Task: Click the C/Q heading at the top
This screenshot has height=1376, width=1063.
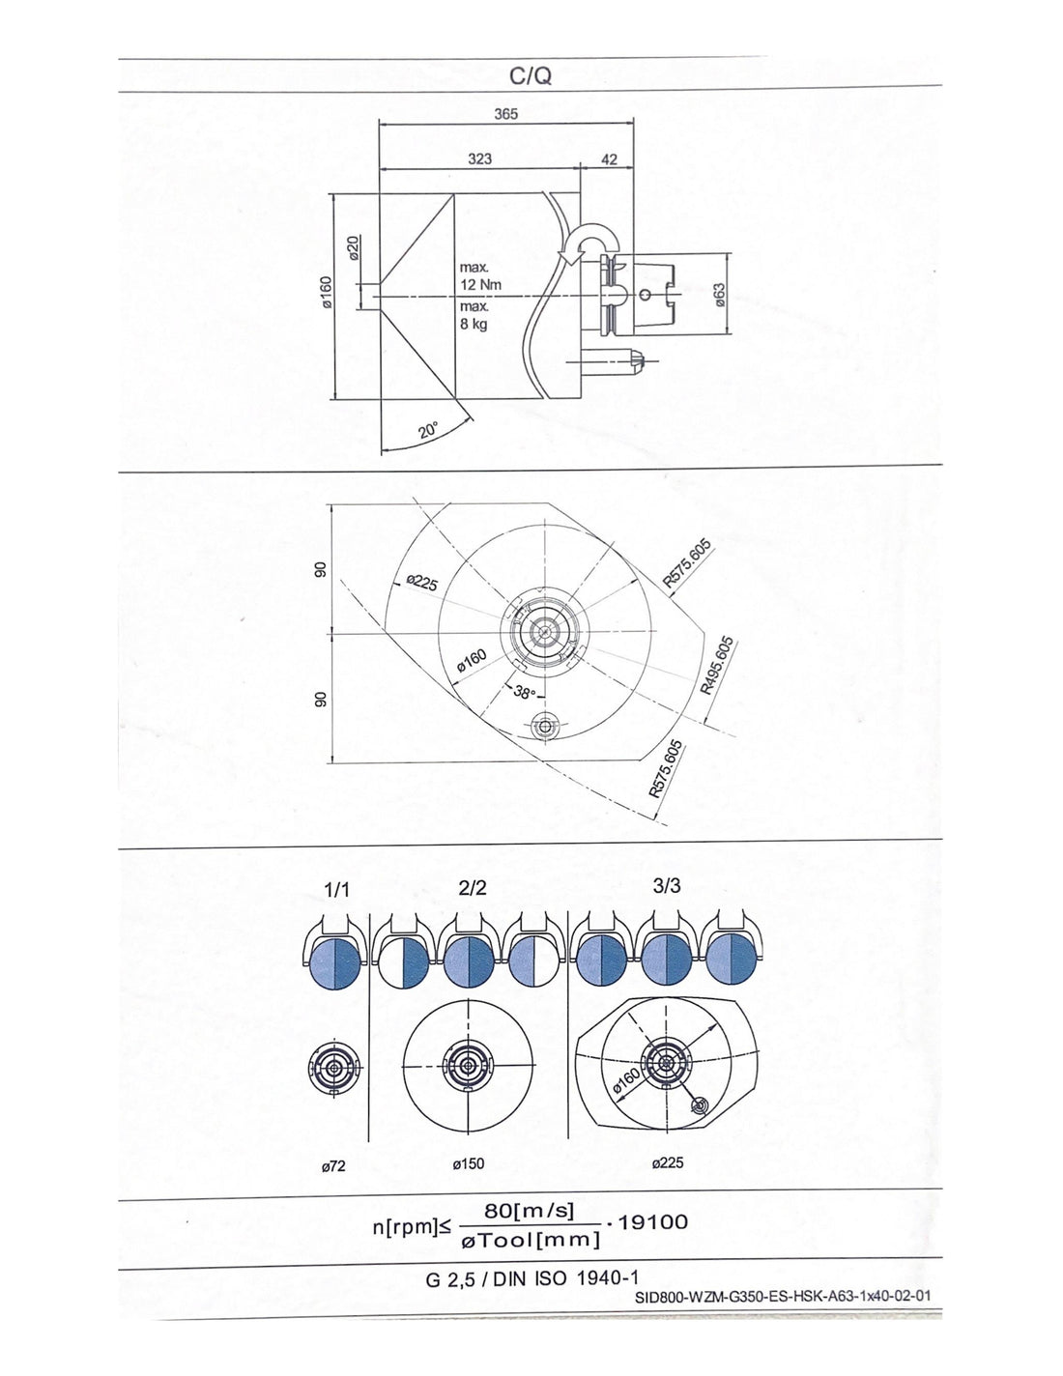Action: pos(531,76)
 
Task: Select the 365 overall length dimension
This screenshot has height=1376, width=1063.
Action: pos(505,114)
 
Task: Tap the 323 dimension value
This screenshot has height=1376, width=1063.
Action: pos(480,158)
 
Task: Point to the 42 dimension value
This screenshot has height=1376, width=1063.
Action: pos(609,159)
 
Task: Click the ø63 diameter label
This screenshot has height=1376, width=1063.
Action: pos(719,295)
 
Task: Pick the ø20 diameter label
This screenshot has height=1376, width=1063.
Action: pos(354,247)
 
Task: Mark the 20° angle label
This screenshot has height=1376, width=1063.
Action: pos(429,431)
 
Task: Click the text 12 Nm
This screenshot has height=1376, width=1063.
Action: pos(480,285)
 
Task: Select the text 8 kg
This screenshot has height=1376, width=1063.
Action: pos(474,325)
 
